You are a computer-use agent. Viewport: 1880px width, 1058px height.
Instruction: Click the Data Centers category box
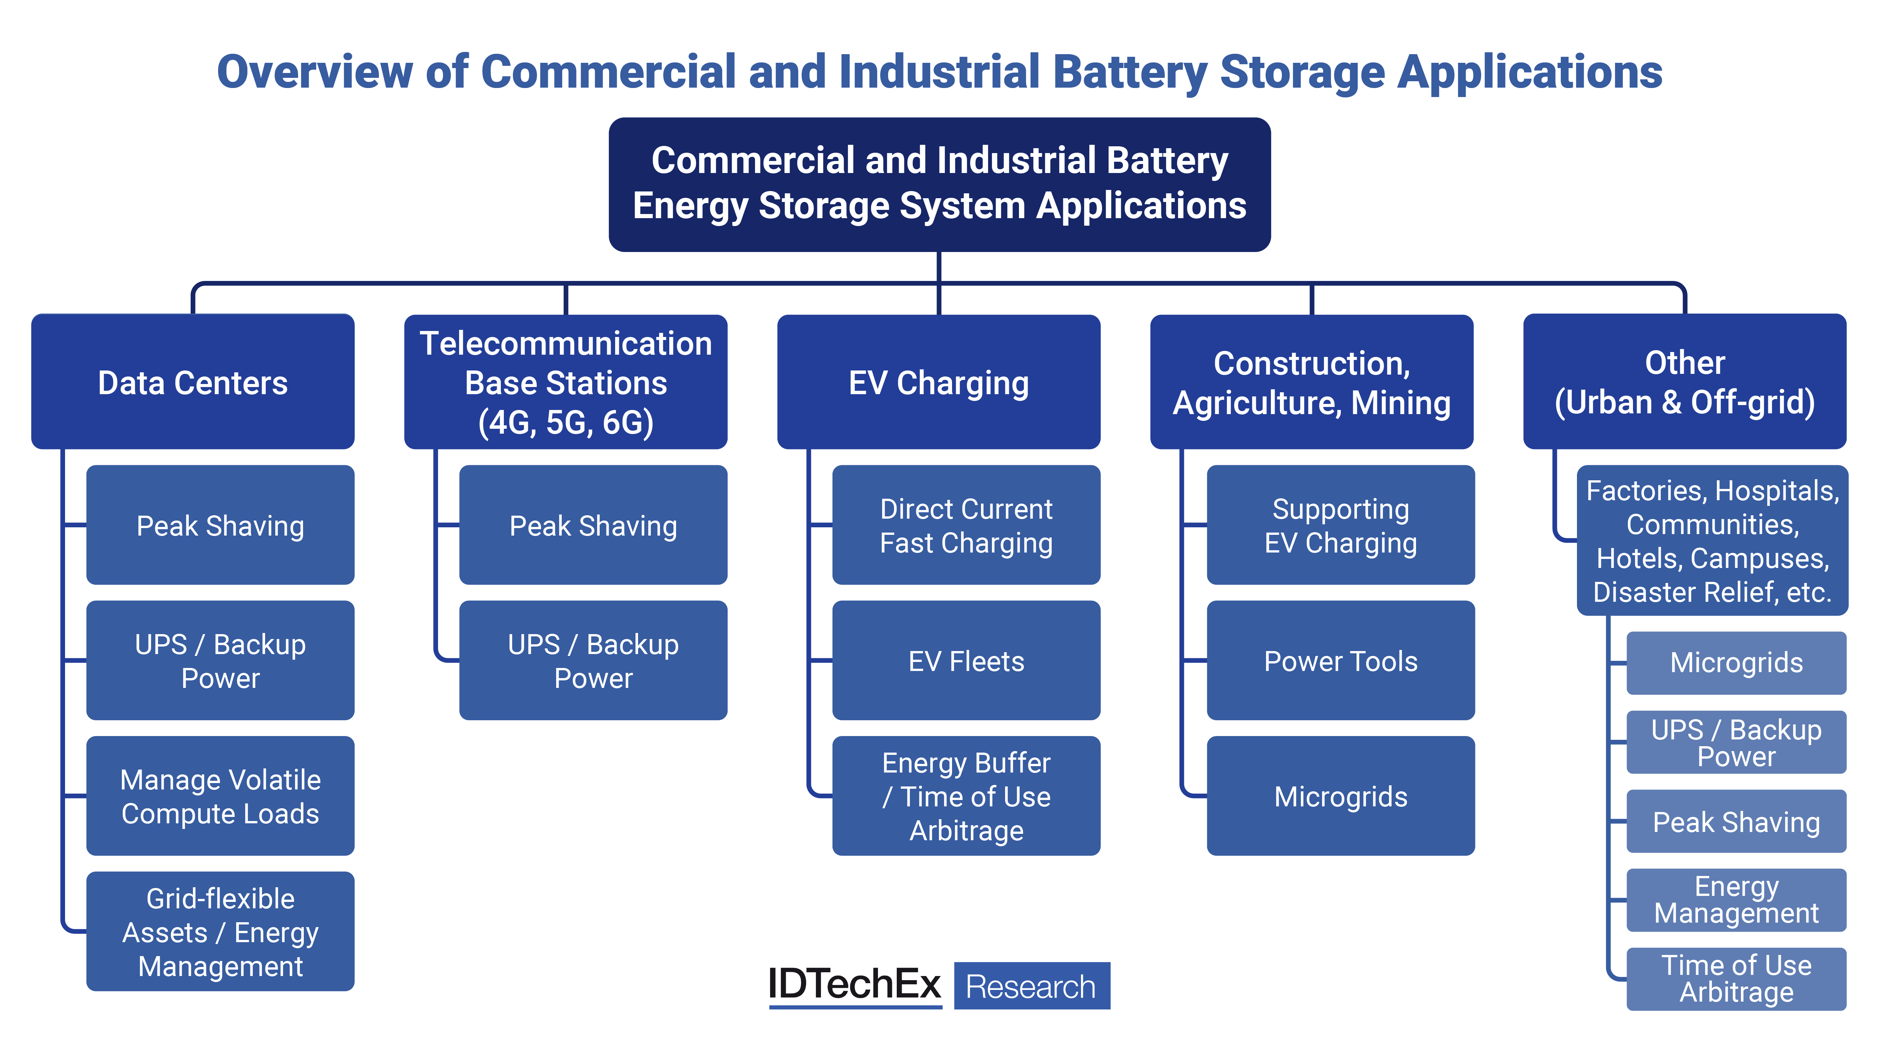pyautogui.click(x=193, y=382)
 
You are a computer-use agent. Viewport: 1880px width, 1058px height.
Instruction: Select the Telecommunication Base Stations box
pyautogui.click(x=566, y=382)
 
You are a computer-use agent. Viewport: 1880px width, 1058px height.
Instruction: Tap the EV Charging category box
pyautogui.click(x=938, y=382)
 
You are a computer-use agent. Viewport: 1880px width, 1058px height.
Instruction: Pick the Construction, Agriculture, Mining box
pyautogui.click(x=1311, y=382)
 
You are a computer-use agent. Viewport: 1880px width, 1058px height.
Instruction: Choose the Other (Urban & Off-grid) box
pyautogui.click(x=1684, y=382)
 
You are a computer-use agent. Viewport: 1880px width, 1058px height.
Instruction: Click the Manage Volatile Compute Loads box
pyautogui.click(x=220, y=796)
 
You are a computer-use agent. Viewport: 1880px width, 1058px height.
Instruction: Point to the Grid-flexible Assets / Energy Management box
pyautogui.click(x=220, y=932)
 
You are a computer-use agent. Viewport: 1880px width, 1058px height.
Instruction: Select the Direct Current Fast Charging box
pyautogui.click(x=966, y=525)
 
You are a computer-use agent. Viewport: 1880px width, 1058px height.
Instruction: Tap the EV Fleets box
pyautogui.click(x=966, y=661)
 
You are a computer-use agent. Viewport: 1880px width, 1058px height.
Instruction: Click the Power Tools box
pyautogui.click(x=1341, y=661)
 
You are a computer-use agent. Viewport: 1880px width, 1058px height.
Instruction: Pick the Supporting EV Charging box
pyautogui.click(x=1341, y=525)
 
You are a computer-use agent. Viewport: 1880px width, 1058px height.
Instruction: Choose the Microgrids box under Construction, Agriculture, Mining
pyautogui.click(x=1341, y=796)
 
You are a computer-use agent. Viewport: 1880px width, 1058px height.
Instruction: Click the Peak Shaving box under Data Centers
pyautogui.click(x=220, y=525)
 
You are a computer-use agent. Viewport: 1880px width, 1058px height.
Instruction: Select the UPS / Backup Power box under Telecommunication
pyautogui.click(x=593, y=661)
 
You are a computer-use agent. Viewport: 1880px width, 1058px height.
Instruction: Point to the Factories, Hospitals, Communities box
pyautogui.click(x=1712, y=540)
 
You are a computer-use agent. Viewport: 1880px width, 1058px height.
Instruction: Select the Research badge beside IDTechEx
pyautogui.click(x=1031, y=986)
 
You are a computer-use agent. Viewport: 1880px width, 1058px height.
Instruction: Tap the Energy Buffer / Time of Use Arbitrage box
pyautogui.click(x=966, y=796)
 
